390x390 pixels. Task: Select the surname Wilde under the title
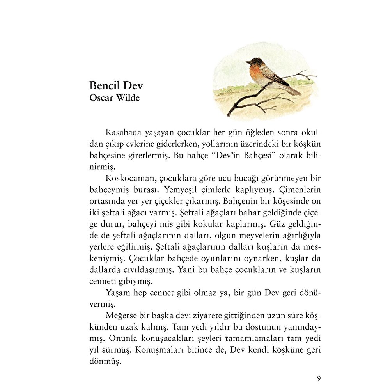[x=127, y=97]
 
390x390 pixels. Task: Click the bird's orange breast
[x=256, y=72]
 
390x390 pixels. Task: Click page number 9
[x=319, y=378]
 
